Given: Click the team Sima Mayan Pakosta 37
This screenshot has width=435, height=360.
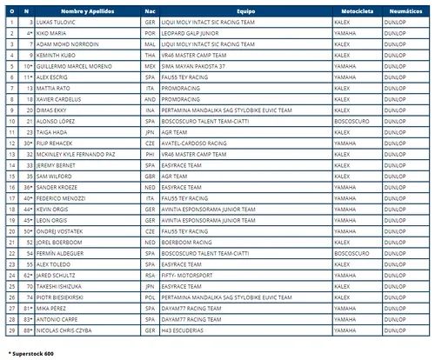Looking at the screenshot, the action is click(200, 65).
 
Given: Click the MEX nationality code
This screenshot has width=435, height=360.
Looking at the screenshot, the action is click(151, 65).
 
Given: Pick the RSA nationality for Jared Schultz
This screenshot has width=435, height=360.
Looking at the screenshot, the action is click(151, 275).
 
